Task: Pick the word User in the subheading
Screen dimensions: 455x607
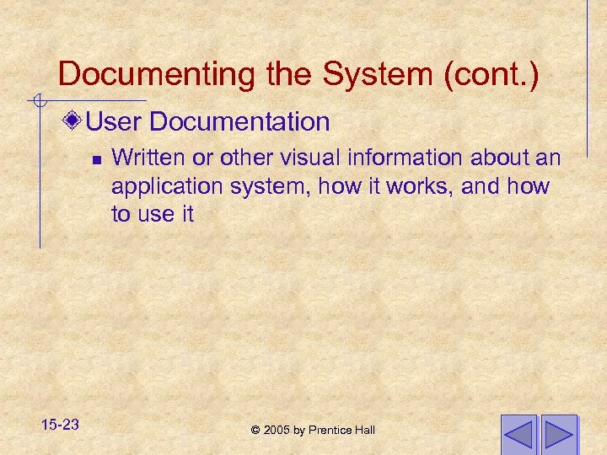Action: [115, 122]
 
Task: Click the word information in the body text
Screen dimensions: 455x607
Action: [394, 158]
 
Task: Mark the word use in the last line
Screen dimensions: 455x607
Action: [156, 215]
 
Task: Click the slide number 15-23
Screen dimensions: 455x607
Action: [58, 425]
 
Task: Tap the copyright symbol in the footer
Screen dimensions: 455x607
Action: [255, 431]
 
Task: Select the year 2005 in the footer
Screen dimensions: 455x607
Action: [277, 431]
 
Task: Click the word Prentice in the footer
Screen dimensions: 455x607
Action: [330, 431]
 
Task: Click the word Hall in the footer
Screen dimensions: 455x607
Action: [364, 431]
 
